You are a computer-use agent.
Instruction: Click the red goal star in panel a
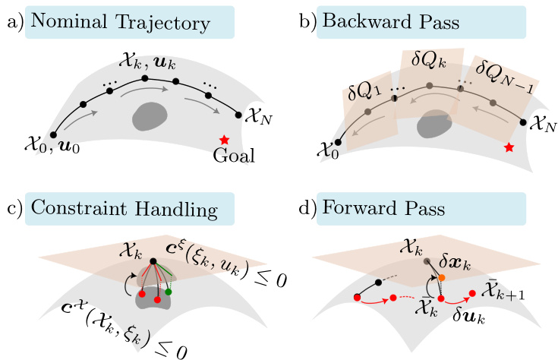224,140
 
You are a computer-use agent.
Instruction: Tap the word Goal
234,156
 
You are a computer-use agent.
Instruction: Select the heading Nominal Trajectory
121,22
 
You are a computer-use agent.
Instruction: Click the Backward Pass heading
391,21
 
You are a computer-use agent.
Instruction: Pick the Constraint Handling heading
125,208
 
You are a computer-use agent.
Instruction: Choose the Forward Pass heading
383,208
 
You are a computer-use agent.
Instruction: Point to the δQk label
428,59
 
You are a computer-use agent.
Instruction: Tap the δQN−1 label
505,76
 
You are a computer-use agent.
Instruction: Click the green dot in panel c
169,292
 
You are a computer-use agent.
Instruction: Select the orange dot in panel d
442,277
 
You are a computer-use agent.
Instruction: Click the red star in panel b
509,147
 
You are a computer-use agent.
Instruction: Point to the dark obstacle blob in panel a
150,116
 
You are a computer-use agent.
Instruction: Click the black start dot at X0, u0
53,134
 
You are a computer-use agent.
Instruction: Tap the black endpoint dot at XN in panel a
238,115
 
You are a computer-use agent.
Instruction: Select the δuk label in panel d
468,315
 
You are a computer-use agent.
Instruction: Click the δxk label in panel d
455,264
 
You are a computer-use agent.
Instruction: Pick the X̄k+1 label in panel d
503,292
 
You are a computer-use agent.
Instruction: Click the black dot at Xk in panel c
153,261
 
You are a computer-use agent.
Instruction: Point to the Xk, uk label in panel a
148,63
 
